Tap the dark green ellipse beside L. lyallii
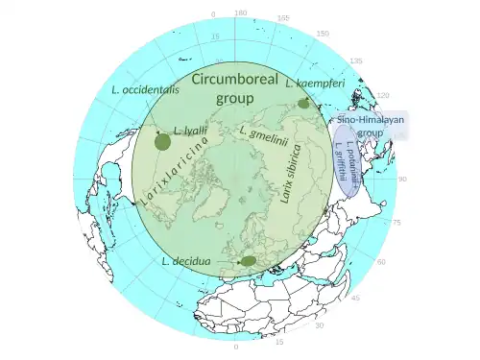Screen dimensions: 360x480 click(162, 142)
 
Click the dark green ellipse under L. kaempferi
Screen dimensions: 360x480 click(303, 103)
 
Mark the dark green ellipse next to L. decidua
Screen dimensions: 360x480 click(248, 260)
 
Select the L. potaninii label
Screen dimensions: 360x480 click(353, 166)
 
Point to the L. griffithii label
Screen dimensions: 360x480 click(341, 160)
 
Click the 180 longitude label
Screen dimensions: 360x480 click(240, 13)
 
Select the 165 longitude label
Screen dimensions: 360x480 click(282, 18)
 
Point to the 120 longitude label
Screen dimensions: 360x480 click(384, 96)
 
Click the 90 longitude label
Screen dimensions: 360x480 click(404, 180)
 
